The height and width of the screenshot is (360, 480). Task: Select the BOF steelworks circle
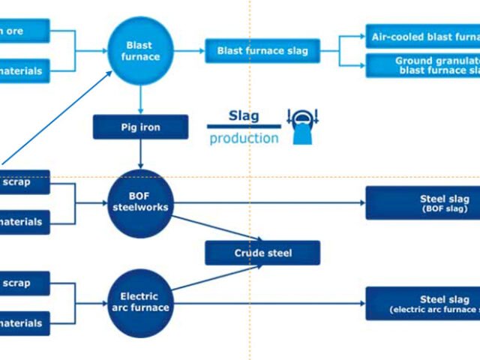(x=139, y=201)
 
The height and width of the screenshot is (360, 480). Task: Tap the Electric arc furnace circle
(x=139, y=301)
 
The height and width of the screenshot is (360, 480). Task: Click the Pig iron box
(x=139, y=127)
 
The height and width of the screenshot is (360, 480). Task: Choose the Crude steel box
(x=262, y=253)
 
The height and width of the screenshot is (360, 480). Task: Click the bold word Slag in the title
(x=243, y=115)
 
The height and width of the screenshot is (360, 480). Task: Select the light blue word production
(x=244, y=139)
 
